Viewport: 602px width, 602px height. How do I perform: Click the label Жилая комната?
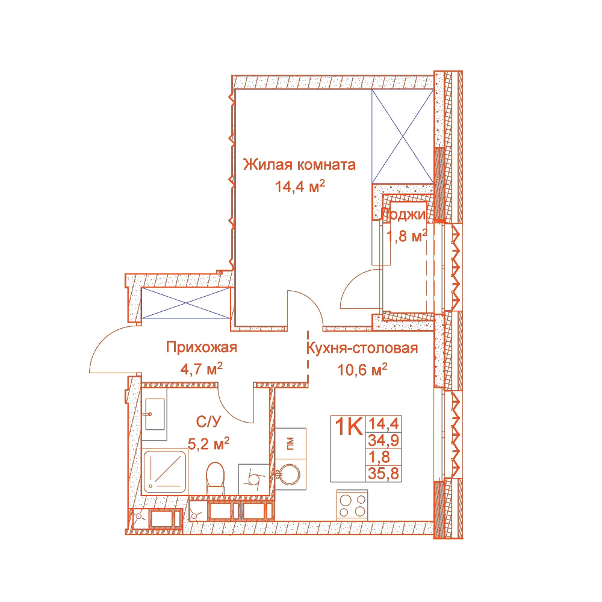click(299, 165)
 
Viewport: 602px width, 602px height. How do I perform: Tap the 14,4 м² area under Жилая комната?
click(300, 186)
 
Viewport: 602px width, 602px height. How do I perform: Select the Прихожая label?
click(202, 347)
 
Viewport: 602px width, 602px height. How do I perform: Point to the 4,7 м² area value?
click(202, 369)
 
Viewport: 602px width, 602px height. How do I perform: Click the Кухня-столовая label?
click(362, 348)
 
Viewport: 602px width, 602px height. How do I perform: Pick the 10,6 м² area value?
click(362, 370)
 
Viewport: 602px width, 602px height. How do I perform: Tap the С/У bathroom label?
click(208, 422)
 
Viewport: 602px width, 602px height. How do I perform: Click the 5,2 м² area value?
click(208, 444)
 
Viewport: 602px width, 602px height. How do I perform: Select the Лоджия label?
click(403, 215)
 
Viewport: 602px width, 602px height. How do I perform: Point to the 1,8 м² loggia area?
click(407, 236)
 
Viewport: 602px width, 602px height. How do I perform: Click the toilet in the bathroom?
click(215, 478)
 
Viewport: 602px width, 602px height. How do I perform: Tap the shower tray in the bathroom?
click(165, 472)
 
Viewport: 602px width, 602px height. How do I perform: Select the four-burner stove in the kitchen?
click(352, 505)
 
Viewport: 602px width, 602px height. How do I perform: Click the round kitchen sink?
click(289, 475)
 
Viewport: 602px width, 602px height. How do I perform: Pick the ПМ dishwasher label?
click(290, 444)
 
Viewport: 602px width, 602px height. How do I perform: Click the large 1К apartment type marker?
click(349, 427)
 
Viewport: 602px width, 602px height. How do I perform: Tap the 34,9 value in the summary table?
click(383, 441)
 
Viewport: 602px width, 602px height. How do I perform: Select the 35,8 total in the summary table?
click(383, 474)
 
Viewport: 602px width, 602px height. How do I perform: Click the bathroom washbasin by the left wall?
click(155, 414)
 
